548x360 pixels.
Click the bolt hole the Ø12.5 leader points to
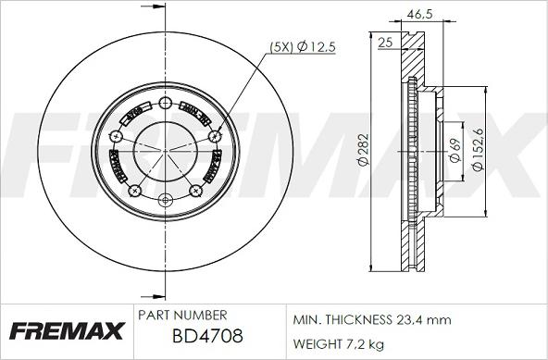(x=217, y=137)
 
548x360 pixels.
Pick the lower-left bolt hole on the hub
(x=134, y=191)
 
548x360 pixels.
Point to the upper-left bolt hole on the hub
(x=115, y=137)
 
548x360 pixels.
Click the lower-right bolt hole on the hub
(x=197, y=191)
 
